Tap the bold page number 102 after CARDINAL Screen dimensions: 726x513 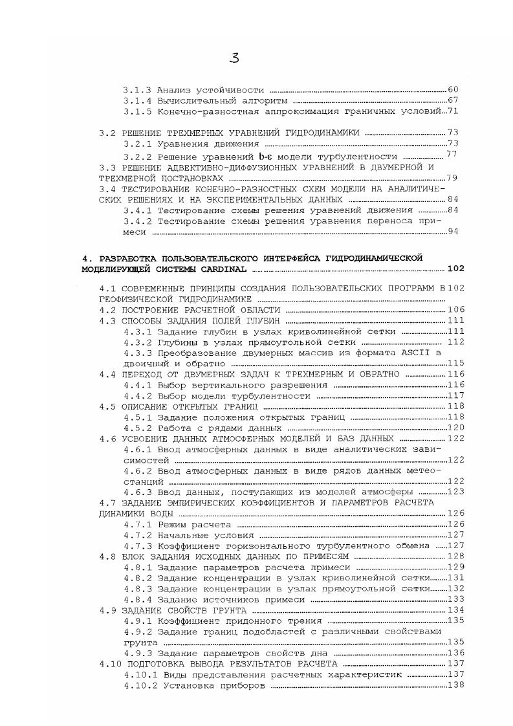point(455,268)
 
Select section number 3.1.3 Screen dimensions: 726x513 point(138,89)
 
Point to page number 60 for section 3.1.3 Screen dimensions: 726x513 point(453,89)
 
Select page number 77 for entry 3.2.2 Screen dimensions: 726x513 point(452,155)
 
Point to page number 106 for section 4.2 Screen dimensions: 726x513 point(456,310)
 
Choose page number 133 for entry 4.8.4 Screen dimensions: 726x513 point(456,599)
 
